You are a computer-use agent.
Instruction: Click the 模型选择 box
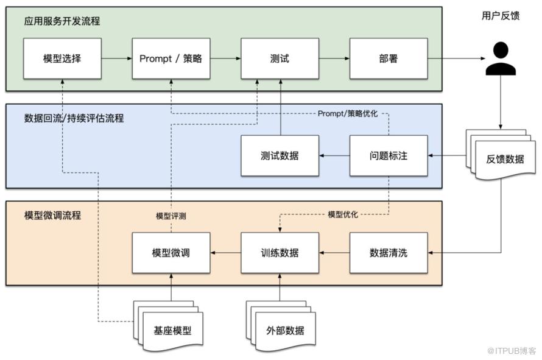point(62,58)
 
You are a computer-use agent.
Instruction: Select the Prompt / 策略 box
point(171,58)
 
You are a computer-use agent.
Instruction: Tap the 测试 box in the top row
point(280,58)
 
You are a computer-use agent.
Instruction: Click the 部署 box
point(388,58)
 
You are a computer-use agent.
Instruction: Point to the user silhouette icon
point(501,59)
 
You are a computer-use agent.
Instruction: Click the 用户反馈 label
point(501,16)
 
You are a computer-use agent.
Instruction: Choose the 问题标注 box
point(388,155)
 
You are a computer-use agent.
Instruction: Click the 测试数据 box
point(280,155)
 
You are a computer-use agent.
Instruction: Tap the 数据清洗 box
point(388,252)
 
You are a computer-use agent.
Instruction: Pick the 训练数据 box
point(280,252)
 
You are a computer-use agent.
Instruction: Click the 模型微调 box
point(171,252)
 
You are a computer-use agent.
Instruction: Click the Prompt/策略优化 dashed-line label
point(348,114)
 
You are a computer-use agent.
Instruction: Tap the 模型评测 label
point(171,216)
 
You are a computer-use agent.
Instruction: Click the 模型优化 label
point(343,214)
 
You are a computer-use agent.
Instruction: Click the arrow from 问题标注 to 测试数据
point(334,156)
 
